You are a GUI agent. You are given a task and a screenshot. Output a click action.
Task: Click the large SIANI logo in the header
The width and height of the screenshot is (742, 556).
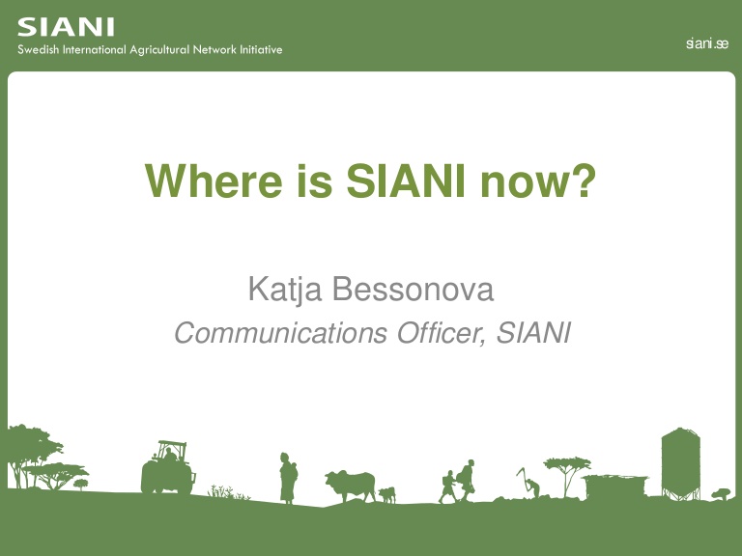66,27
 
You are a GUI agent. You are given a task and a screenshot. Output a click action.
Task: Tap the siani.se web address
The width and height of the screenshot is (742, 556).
707,43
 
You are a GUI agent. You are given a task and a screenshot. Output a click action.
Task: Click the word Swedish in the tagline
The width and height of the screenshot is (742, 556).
39,49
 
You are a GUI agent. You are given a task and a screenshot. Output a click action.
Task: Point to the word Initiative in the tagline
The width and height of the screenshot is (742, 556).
261,49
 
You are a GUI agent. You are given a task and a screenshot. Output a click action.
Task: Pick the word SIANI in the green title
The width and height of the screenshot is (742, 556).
406,181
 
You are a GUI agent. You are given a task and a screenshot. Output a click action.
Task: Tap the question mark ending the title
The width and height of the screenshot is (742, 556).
583,181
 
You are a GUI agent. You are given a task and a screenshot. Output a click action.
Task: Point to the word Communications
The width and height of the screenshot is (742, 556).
281,333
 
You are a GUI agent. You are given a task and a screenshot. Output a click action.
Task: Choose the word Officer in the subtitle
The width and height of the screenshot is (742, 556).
442,333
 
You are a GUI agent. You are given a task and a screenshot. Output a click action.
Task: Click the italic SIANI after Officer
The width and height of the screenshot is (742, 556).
533,333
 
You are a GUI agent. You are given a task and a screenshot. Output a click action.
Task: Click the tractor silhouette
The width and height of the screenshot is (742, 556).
168,468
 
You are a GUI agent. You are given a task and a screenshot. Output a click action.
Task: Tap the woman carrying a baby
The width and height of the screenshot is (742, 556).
288,478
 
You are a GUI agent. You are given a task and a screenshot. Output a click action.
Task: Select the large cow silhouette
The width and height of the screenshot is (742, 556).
351,486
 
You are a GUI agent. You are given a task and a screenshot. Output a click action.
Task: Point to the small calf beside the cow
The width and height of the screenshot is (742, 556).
387,495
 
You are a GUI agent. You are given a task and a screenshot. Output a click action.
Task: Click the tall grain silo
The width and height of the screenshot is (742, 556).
680,463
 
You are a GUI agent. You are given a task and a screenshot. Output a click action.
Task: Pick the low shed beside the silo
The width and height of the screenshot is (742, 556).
615,486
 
